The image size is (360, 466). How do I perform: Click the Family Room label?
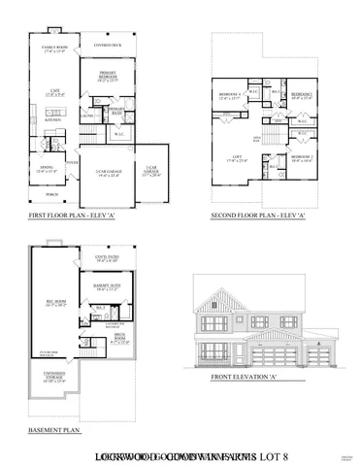tap(55, 48)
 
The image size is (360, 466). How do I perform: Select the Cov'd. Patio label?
tap(108, 258)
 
